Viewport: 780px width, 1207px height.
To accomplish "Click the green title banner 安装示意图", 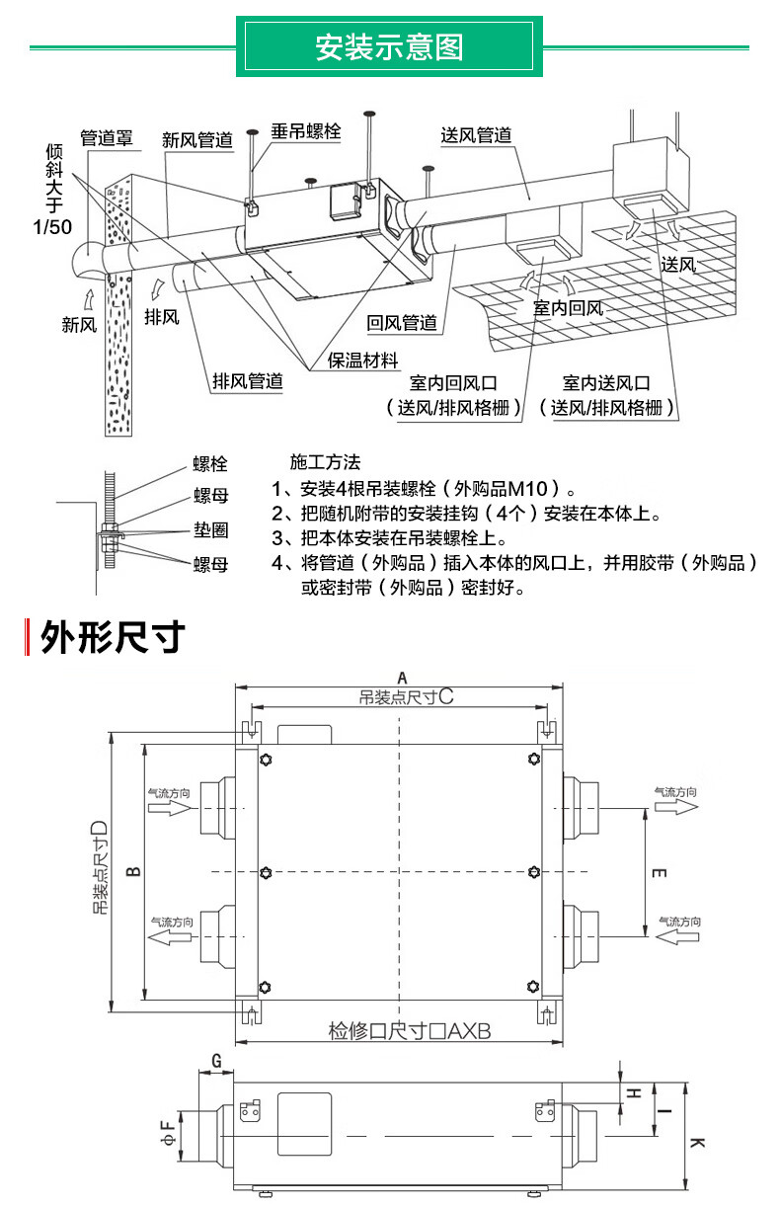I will click(389, 46).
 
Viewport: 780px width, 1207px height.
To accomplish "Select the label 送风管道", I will click(476, 135).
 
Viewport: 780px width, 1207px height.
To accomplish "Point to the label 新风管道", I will click(197, 140).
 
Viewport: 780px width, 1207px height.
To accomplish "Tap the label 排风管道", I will click(248, 381).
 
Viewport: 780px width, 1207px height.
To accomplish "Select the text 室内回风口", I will click(453, 383).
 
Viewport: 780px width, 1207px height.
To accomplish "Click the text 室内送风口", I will click(607, 383).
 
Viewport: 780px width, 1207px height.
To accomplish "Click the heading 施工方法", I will click(326, 462).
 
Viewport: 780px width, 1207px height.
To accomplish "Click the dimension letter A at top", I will click(401, 677).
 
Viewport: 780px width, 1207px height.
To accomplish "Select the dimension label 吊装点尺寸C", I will click(406, 696).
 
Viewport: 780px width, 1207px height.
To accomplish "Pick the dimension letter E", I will click(660, 873).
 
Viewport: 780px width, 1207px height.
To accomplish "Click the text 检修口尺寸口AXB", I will click(409, 1031).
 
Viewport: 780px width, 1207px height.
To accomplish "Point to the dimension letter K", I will click(697, 1143).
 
